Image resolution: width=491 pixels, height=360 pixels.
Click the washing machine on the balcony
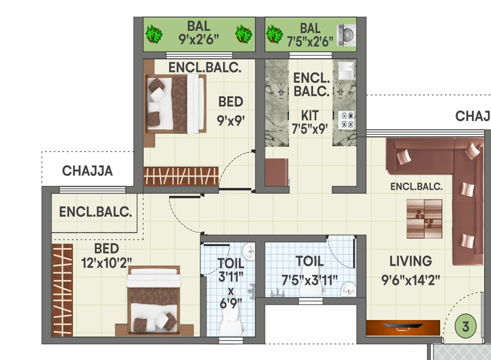(346, 35)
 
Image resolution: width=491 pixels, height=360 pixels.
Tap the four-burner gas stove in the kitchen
(346, 120)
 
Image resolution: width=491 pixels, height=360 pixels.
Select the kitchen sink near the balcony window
(347, 70)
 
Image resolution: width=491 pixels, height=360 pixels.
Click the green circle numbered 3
(465, 326)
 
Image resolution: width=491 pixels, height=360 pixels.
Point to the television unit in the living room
(403, 328)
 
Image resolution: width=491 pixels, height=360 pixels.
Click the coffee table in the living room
(424, 219)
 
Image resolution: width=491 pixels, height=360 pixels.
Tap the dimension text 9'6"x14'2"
(410, 280)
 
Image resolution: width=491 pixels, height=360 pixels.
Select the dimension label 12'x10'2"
(107, 262)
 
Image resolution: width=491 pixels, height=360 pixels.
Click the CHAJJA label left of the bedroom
(87, 171)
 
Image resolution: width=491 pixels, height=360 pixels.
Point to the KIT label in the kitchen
(310, 116)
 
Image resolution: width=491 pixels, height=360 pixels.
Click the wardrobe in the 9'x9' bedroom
(181, 176)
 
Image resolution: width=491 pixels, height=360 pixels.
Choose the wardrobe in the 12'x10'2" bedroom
(62, 290)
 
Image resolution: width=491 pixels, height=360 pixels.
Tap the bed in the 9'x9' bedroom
(175, 104)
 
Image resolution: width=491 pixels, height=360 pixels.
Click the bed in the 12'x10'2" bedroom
(154, 301)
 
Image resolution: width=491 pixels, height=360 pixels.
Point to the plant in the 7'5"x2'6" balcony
(274, 34)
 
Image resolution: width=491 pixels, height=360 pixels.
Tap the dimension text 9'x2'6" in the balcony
(199, 39)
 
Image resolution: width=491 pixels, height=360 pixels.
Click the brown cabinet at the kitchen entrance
(277, 173)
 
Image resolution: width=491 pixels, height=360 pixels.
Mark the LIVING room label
(410, 261)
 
